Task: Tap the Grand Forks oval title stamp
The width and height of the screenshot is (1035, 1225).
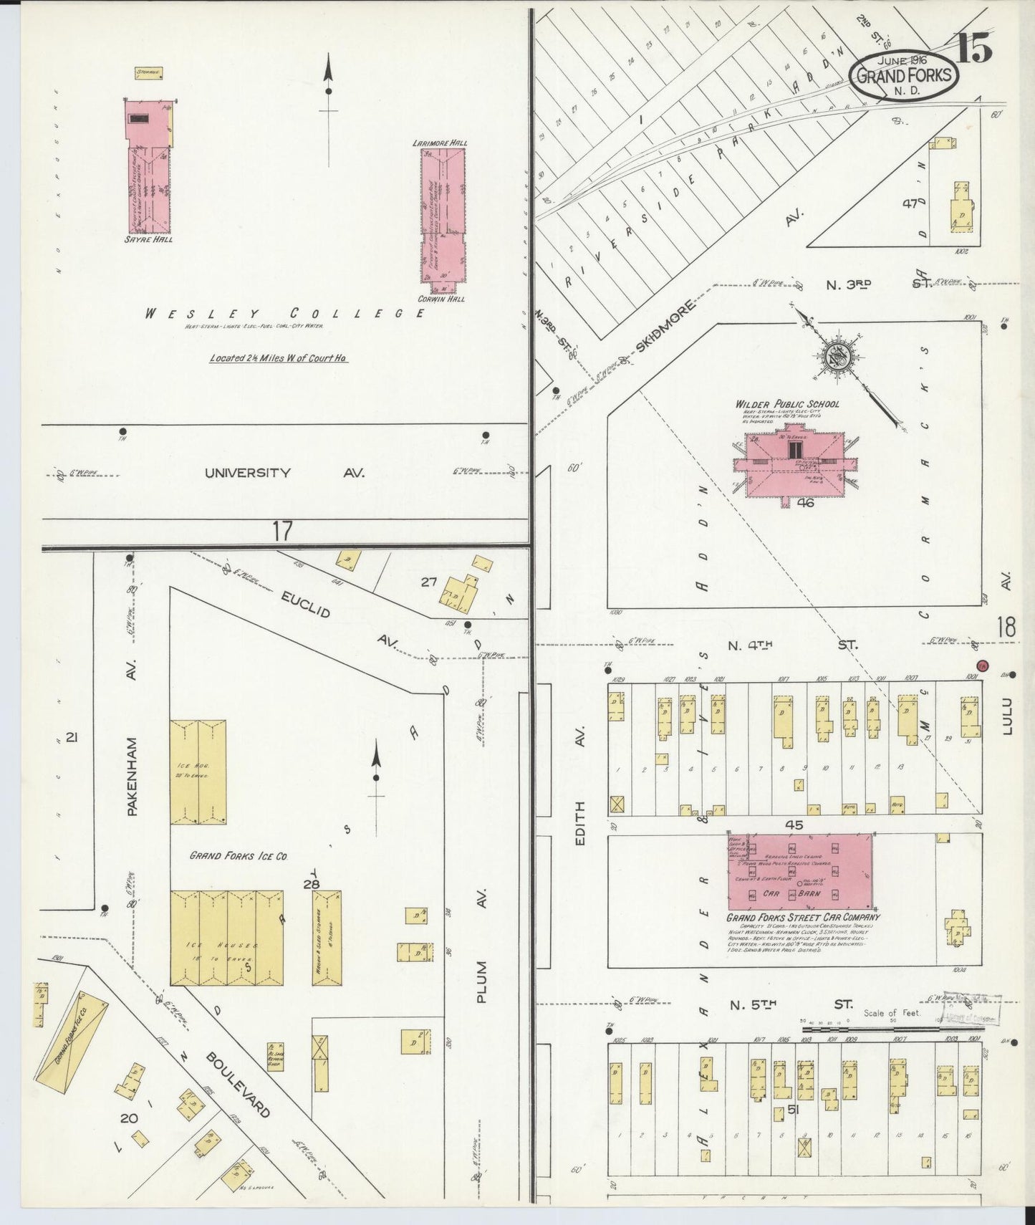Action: (905, 75)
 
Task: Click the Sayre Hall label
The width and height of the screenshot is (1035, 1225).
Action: (149, 239)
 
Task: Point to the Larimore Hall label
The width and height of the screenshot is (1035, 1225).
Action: (441, 143)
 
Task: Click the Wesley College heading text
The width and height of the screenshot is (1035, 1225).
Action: (285, 314)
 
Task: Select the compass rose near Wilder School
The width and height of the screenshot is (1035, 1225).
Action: (834, 354)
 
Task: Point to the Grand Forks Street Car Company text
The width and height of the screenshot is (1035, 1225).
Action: (803, 917)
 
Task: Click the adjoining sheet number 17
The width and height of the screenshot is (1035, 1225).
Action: (282, 531)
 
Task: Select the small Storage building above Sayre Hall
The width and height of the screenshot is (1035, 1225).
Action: (150, 72)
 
